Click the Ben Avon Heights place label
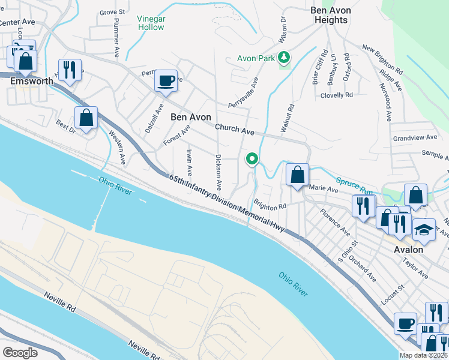[x=330, y=15]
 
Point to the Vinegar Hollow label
[x=151, y=23]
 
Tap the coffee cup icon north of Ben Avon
[x=166, y=80]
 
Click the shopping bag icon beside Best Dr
[x=86, y=118]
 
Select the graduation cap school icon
[x=424, y=230]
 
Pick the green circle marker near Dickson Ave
[x=252, y=159]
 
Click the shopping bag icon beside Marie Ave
[x=297, y=175]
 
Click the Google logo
[x=20, y=352]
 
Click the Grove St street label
[x=112, y=11]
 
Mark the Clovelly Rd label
[x=336, y=95]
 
